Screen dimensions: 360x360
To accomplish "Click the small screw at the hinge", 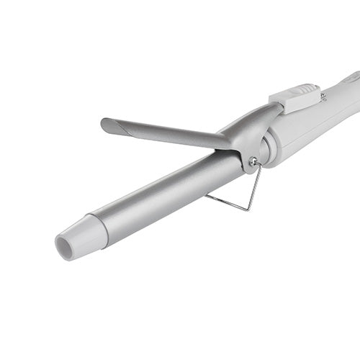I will pos(253,162).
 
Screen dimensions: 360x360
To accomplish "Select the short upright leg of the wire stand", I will pos(255,187).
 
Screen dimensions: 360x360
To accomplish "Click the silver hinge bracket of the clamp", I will pos(248,130).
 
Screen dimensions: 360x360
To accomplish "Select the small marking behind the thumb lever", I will pos(324,96).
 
